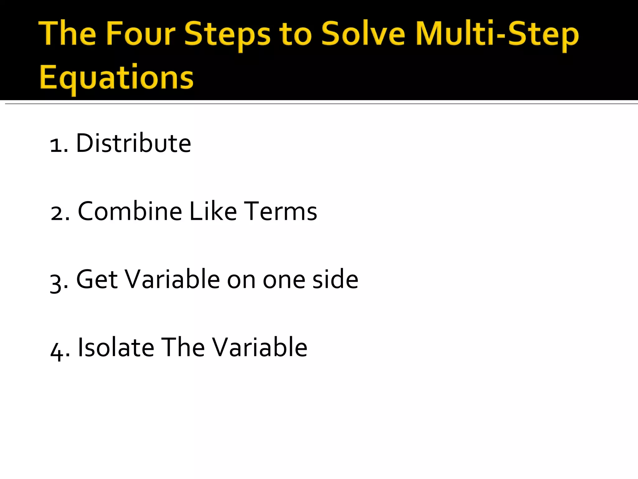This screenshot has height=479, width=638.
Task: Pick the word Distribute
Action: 133,143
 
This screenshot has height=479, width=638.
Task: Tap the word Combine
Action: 130,211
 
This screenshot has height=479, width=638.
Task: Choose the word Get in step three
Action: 97,279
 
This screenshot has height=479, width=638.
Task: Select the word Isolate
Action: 116,347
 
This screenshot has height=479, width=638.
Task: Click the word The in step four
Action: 183,347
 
